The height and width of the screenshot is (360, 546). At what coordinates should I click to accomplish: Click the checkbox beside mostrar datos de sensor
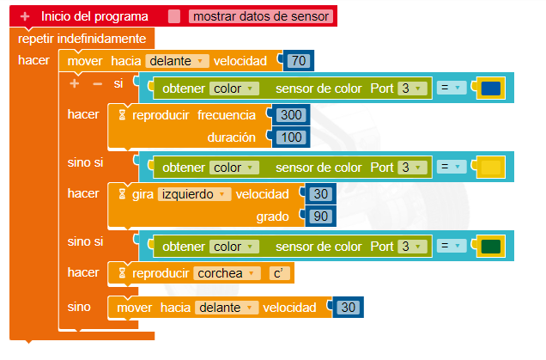(x=174, y=16)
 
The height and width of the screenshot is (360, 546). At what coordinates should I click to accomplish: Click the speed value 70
(x=299, y=61)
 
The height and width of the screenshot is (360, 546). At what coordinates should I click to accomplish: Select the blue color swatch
(x=491, y=88)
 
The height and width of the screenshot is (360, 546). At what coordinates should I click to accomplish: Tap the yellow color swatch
(x=491, y=167)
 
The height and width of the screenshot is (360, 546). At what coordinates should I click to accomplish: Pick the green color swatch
(x=491, y=247)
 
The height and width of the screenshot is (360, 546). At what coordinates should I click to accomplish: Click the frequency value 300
(x=292, y=115)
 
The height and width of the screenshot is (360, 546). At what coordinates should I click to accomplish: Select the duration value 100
(x=292, y=137)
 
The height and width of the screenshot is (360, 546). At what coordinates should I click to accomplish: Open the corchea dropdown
(x=227, y=273)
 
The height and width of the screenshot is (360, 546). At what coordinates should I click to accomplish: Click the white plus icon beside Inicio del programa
(x=25, y=16)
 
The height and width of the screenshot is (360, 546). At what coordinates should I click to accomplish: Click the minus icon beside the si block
(x=97, y=83)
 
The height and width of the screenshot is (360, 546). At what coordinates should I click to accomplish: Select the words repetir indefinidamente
(x=82, y=39)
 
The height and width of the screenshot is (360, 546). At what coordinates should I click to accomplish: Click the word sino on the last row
(x=79, y=306)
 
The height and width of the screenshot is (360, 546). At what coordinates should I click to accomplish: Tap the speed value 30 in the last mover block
(x=348, y=307)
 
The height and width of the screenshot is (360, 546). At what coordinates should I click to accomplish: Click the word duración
(x=233, y=137)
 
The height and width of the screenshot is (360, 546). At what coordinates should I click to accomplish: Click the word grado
(x=272, y=217)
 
